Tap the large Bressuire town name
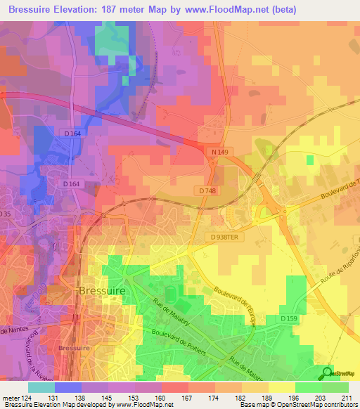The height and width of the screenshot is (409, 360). pyautogui.click(x=103, y=290)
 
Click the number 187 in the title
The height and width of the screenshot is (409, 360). pyautogui.click(x=129, y=10)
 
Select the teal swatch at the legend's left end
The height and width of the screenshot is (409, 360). pyautogui.click(x=41, y=387)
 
